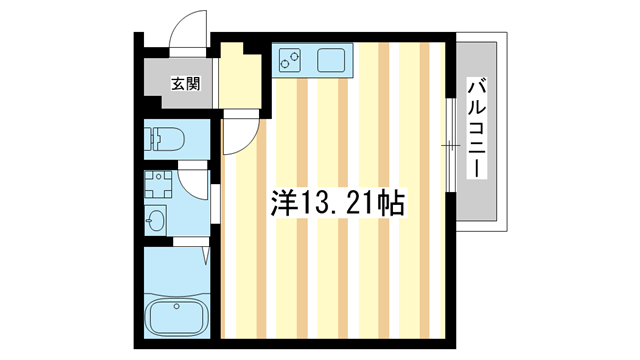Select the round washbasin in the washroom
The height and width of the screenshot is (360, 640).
(x=157, y=220)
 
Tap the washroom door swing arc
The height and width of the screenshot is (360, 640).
(x=195, y=184)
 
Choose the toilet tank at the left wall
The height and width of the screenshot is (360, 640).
(x=150, y=138)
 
